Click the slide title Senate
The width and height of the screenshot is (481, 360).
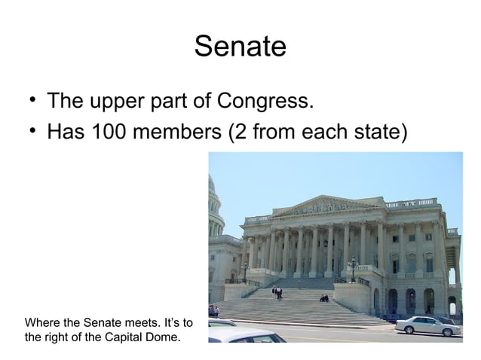[x=240, y=47]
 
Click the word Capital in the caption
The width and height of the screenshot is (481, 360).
[x=123, y=336]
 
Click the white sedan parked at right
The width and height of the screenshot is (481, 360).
[x=426, y=325]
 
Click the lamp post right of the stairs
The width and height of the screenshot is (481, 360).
[x=352, y=267]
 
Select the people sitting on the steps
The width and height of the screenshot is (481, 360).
[x=323, y=297]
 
